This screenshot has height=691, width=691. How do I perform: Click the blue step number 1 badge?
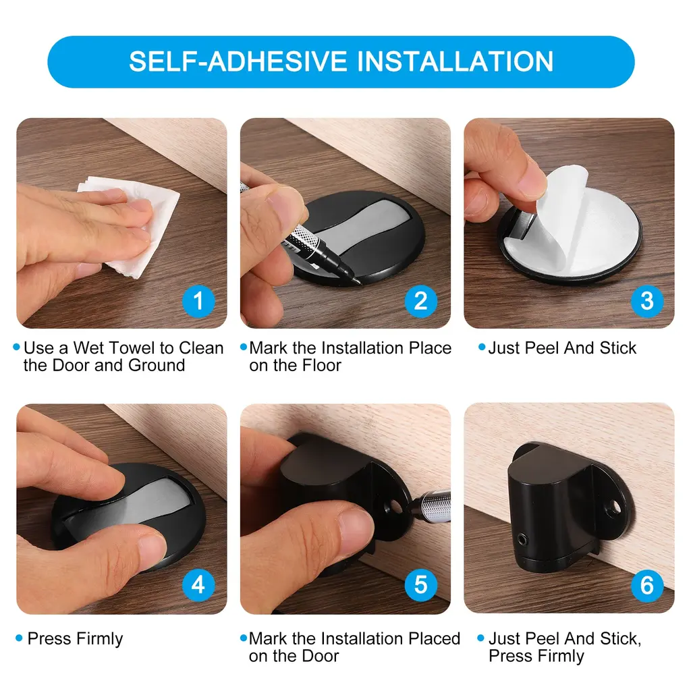(x=198, y=301)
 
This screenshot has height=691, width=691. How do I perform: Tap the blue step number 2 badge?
(x=421, y=301)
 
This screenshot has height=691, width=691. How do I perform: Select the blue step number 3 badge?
(x=646, y=301)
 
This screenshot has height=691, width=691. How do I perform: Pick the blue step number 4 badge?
(x=198, y=585)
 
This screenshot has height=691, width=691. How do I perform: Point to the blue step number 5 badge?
(x=421, y=585)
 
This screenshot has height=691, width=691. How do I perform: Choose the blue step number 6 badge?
(x=646, y=585)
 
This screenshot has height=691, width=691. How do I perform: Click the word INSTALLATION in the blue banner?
(x=455, y=61)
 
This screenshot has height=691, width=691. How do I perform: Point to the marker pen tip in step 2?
(x=358, y=281)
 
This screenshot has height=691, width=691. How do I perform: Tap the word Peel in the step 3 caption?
(x=543, y=348)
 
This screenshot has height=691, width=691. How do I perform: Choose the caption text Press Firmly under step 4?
(x=76, y=638)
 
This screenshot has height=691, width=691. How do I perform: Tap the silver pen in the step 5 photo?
(x=431, y=506)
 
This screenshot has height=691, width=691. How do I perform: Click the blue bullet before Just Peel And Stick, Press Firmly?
(x=480, y=638)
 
